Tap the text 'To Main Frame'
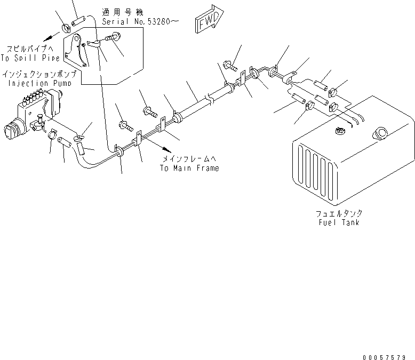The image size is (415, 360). click(x=189, y=167)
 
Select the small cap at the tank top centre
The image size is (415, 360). click(x=338, y=131)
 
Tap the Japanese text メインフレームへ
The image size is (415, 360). click(x=189, y=159)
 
